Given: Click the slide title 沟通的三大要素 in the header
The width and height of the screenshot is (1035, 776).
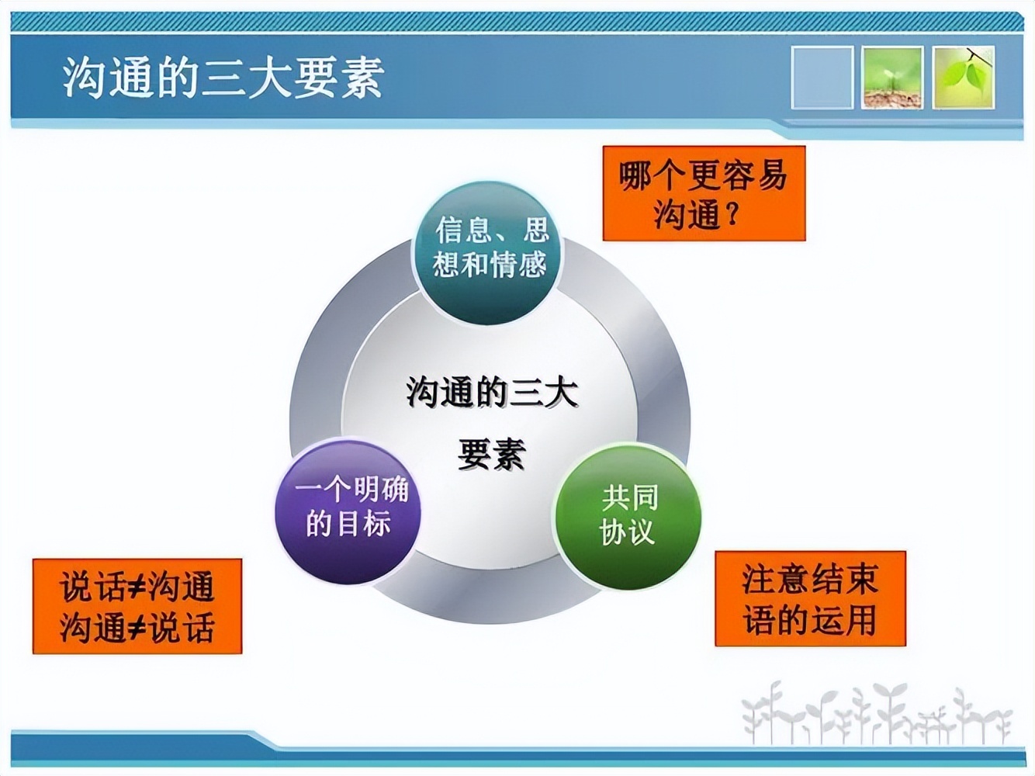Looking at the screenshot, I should click(223, 78).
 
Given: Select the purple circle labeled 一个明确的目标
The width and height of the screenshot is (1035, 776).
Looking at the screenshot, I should click(348, 510).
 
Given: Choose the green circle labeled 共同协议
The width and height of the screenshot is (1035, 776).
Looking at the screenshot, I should click(627, 515).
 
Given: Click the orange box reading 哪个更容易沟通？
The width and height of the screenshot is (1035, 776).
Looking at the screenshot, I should click(704, 193).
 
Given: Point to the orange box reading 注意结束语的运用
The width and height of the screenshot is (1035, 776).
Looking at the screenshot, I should click(809, 599).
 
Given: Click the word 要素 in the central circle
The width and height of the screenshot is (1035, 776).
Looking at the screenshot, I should click(491, 454).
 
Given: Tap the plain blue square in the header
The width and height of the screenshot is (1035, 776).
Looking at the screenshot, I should click(822, 77).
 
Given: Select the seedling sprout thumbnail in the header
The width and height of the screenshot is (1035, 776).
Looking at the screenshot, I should click(892, 77).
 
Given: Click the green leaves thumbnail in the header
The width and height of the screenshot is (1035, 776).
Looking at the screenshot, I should click(963, 77).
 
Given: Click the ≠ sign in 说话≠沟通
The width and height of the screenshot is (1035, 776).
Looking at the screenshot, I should click(136, 587).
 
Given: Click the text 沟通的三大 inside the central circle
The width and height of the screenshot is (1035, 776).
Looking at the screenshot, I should click(491, 393).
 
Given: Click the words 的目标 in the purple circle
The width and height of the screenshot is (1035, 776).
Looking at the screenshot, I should click(348, 525).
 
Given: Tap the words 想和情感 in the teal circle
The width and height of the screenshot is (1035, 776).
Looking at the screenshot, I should click(490, 265).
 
